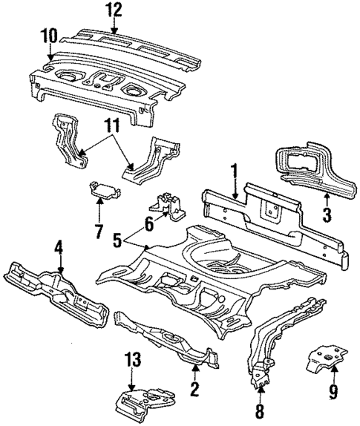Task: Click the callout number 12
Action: (112, 10)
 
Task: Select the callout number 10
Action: (49, 36)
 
